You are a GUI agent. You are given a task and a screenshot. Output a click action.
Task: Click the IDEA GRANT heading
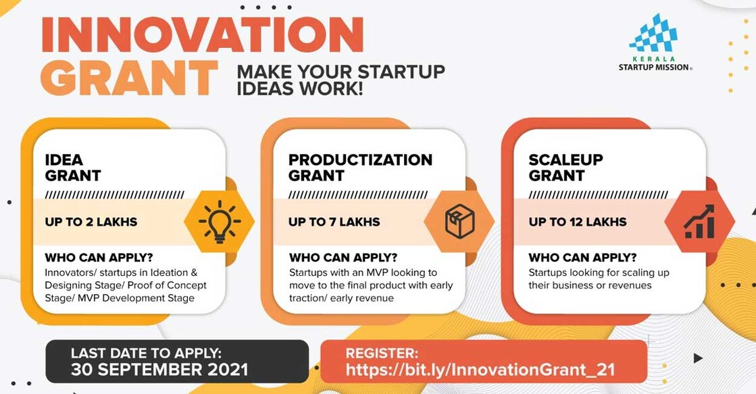pos(72,168)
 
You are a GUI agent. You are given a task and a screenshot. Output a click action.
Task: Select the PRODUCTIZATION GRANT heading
pos(360,168)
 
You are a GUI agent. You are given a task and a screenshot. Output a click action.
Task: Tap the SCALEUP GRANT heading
pos(566,168)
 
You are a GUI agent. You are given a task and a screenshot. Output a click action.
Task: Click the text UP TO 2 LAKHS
pos(91,222)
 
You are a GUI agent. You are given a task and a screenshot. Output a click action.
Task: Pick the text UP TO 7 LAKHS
pos(334,222)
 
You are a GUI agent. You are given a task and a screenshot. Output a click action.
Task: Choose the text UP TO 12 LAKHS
pos(578,222)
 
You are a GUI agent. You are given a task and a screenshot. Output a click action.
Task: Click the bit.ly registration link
pos(480,370)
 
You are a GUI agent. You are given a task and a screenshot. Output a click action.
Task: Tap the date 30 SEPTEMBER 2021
pos(159,370)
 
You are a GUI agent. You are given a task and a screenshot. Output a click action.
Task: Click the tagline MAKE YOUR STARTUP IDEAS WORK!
pos(341,80)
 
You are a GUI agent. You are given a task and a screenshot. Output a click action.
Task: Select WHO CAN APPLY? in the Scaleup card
pos(582,257)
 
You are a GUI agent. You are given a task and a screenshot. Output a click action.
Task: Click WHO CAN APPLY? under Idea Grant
pos(99,257)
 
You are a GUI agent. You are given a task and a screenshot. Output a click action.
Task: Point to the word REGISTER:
pos(382,353)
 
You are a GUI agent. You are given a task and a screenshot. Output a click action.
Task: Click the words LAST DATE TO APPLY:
pos(146,353)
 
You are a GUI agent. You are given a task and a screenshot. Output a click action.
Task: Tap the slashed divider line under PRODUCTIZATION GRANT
pos(358,195)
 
